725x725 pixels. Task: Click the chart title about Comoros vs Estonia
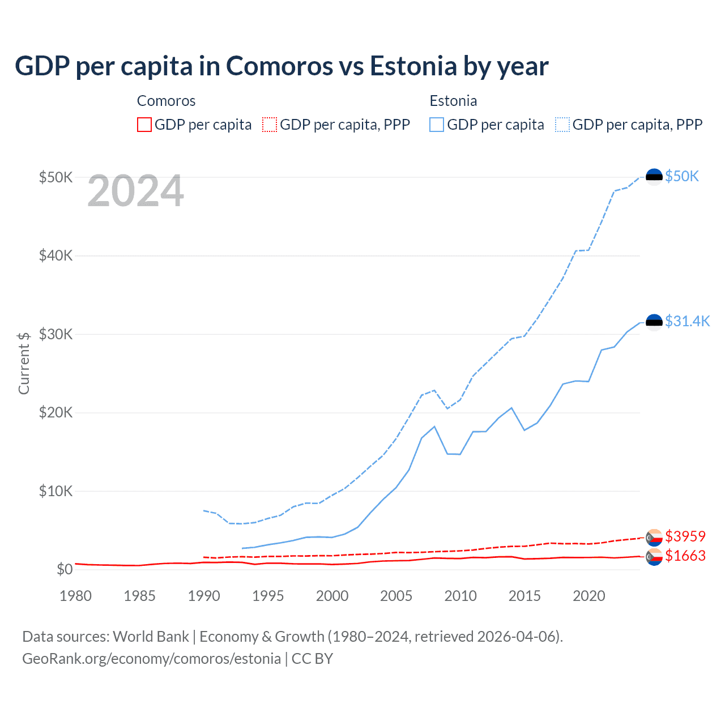coord(282,66)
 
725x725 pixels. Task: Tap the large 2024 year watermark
coord(135,191)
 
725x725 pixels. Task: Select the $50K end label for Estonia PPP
coord(682,177)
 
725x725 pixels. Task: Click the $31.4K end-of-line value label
coord(687,322)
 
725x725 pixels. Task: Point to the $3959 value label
coord(685,536)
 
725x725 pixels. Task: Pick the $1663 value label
coord(685,556)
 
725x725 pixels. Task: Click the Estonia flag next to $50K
coord(654,177)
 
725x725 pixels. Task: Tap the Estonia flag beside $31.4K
coord(654,322)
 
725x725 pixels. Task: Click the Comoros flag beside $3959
coord(654,537)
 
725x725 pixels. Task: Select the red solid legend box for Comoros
coord(144,125)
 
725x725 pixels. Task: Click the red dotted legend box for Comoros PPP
coord(270,125)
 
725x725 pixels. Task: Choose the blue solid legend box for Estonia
coord(437,125)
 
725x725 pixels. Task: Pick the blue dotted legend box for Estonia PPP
coord(562,125)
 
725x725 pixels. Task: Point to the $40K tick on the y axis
coord(56,256)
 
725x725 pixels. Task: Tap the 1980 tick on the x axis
coord(75,596)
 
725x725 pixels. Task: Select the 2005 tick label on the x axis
coord(396,596)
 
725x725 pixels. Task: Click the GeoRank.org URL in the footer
coord(151,659)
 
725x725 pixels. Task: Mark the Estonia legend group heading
coord(453,101)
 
